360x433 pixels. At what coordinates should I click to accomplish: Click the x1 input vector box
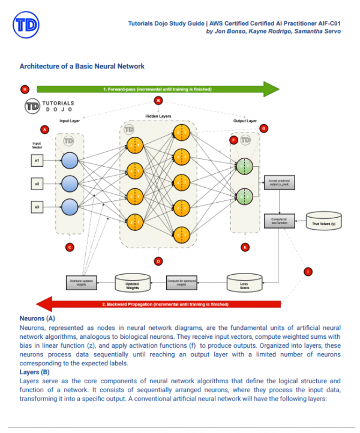coord(37,161)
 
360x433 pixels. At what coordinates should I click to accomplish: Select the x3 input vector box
coord(37,207)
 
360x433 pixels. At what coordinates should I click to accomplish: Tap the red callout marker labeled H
coord(25,89)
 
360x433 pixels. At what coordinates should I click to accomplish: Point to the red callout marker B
coord(158,101)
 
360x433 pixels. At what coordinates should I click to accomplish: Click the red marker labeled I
coord(308,272)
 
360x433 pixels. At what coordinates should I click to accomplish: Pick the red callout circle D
coord(158,261)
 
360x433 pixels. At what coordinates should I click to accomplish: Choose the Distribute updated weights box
coord(82,281)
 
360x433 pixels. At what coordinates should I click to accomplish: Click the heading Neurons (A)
coord(37,318)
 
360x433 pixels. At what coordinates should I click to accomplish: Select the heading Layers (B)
coord(35,372)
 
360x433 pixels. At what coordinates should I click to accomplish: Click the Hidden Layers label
coord(158,116)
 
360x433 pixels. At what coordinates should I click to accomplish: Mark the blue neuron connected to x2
coord(70,184)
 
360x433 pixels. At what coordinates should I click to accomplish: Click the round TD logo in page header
coord(26,25)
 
